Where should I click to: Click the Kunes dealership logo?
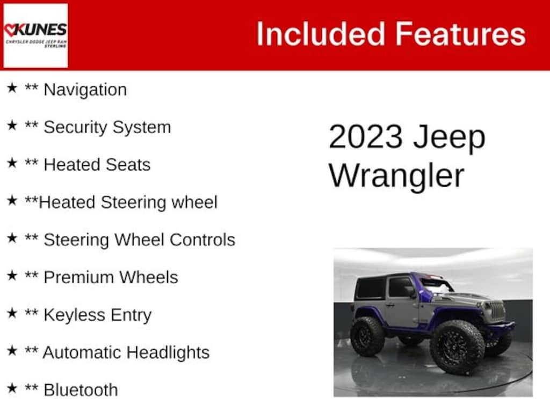35,35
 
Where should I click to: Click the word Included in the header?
321,34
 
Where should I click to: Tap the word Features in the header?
461,34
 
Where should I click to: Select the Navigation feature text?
85,90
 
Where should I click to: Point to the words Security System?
107,127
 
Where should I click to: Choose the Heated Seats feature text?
97,165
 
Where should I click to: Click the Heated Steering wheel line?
128,202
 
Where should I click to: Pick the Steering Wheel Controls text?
139,240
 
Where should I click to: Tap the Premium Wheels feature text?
111,277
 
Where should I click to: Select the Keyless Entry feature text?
98,315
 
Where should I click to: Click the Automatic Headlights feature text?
126,352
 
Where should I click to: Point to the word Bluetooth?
81,390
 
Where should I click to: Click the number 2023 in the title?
365,137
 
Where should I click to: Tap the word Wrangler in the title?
396,176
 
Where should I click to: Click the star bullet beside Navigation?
12,87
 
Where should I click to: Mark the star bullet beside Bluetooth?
12,388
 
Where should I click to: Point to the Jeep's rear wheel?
367,336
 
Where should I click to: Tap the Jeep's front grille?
496,311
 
